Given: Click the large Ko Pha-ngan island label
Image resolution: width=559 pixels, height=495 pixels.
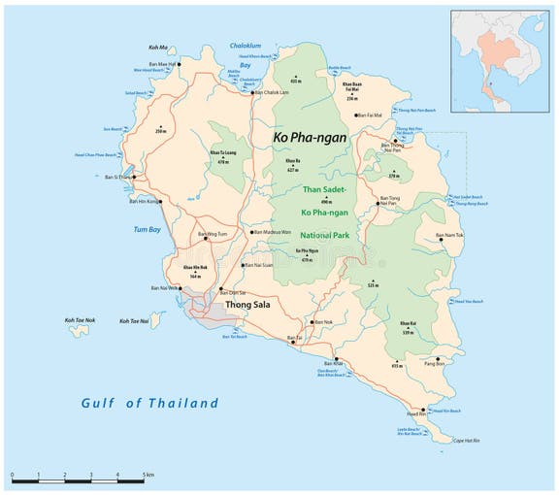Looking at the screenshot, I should click(307, 139).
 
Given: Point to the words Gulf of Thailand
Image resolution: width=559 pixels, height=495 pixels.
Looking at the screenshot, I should click(149, 403).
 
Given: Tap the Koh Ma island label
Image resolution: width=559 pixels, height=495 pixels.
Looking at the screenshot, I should click(158, 47).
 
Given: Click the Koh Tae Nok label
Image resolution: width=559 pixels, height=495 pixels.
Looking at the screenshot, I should click(79, 320).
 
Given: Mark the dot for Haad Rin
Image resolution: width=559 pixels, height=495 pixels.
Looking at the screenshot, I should click(421, 409).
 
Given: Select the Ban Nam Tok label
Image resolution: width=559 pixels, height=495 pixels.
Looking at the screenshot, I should click(449, 235).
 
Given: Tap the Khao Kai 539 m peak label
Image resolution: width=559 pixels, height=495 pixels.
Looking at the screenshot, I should click(408, 328).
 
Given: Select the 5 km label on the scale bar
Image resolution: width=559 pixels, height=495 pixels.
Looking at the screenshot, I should click(148, 474).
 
